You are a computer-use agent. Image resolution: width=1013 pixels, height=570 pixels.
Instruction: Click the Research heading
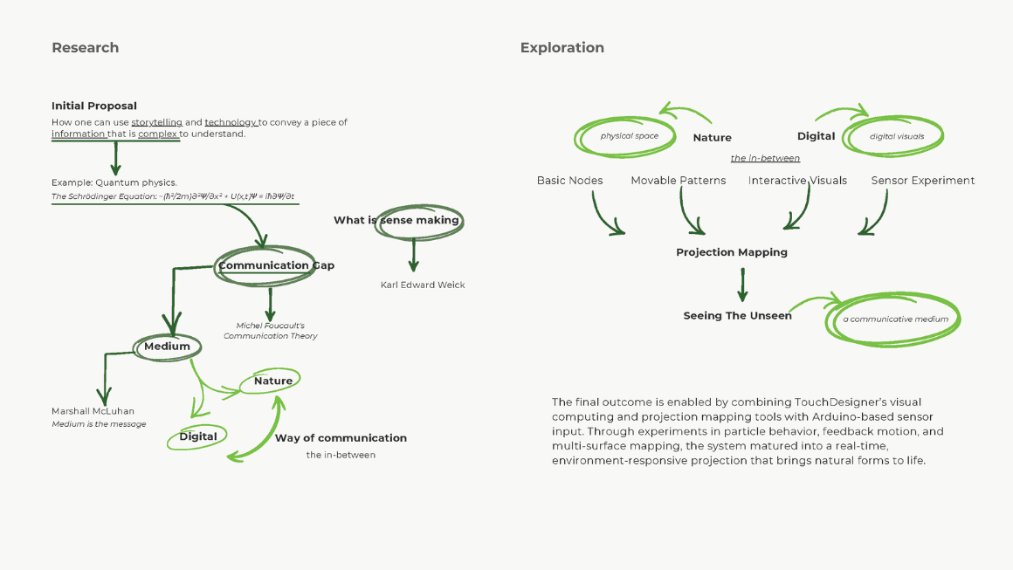click(85, 48)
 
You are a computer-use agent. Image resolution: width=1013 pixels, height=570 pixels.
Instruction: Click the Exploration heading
click(562, 48)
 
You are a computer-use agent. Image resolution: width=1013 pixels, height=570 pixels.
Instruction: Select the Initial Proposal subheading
click(94, 106)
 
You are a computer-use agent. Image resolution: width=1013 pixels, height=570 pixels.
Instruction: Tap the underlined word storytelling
click(156, 122)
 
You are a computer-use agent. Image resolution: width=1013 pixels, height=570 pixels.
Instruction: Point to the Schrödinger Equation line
click(173, 196)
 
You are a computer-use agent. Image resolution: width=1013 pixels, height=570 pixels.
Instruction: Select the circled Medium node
click(167, 347)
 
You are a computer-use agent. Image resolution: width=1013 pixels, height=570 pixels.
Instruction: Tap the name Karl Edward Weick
click(423, 285)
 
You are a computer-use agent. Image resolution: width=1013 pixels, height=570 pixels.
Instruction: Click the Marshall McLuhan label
click(93, 411)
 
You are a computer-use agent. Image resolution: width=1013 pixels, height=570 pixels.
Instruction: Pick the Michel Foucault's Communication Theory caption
click(270, 331)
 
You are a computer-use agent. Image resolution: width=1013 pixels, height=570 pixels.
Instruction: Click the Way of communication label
click(341, 438)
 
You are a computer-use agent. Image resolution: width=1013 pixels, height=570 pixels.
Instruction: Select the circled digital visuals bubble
click(896, 137)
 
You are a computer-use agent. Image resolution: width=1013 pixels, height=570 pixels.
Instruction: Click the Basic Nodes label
click(569, 181)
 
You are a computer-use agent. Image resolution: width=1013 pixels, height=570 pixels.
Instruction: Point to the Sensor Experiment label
click(922, 181)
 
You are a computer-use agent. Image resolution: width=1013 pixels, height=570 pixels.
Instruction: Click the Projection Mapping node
click(731, 252)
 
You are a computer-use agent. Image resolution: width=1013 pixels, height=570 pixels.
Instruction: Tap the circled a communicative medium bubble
click(895, 319)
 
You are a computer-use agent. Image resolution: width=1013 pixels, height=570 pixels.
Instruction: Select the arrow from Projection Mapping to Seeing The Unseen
click(742, 285)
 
